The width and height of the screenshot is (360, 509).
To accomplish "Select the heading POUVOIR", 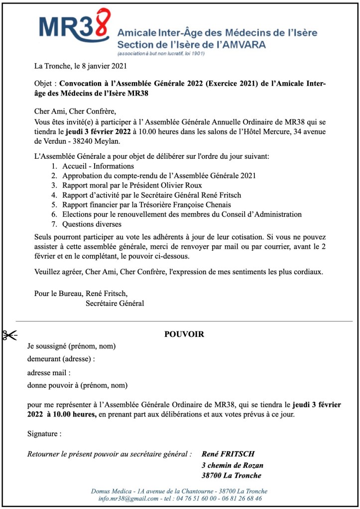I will [x=184, y=334].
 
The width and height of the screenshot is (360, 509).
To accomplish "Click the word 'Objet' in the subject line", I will [x=43, y=84].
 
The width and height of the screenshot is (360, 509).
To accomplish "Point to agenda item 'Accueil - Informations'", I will [x=98, y=166].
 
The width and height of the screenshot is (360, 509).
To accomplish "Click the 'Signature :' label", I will [x=44, y=434].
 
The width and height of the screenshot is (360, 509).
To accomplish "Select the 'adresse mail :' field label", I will [x=49, y=372].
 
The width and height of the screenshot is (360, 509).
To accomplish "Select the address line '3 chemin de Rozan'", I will [x=233, y=465].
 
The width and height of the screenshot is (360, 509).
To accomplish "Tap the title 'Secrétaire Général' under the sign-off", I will [x=115, y=303].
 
